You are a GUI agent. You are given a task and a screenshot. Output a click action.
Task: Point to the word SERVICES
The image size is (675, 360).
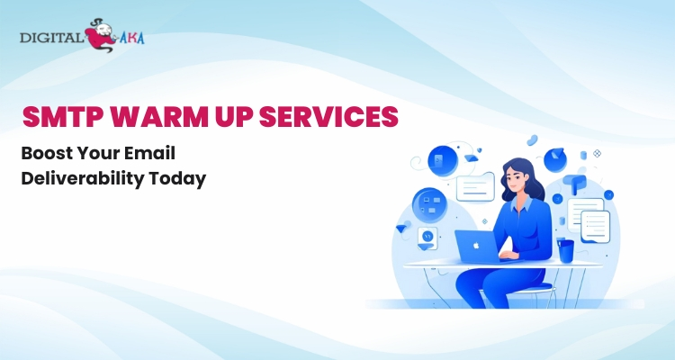328,116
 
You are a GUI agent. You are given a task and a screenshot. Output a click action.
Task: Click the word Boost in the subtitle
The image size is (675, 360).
46,153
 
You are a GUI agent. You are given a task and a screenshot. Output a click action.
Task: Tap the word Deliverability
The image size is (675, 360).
82,179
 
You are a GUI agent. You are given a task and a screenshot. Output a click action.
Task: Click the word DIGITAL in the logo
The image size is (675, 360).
51,38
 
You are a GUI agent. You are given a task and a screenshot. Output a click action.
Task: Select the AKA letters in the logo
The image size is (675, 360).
131,38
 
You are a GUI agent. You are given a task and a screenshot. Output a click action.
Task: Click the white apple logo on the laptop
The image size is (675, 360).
476,246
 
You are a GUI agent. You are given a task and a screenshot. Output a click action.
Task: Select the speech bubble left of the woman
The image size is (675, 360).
475,187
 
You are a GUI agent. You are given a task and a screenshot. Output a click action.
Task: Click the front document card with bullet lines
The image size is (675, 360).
596,226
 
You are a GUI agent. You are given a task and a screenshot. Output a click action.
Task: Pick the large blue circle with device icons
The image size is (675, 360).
430,206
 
